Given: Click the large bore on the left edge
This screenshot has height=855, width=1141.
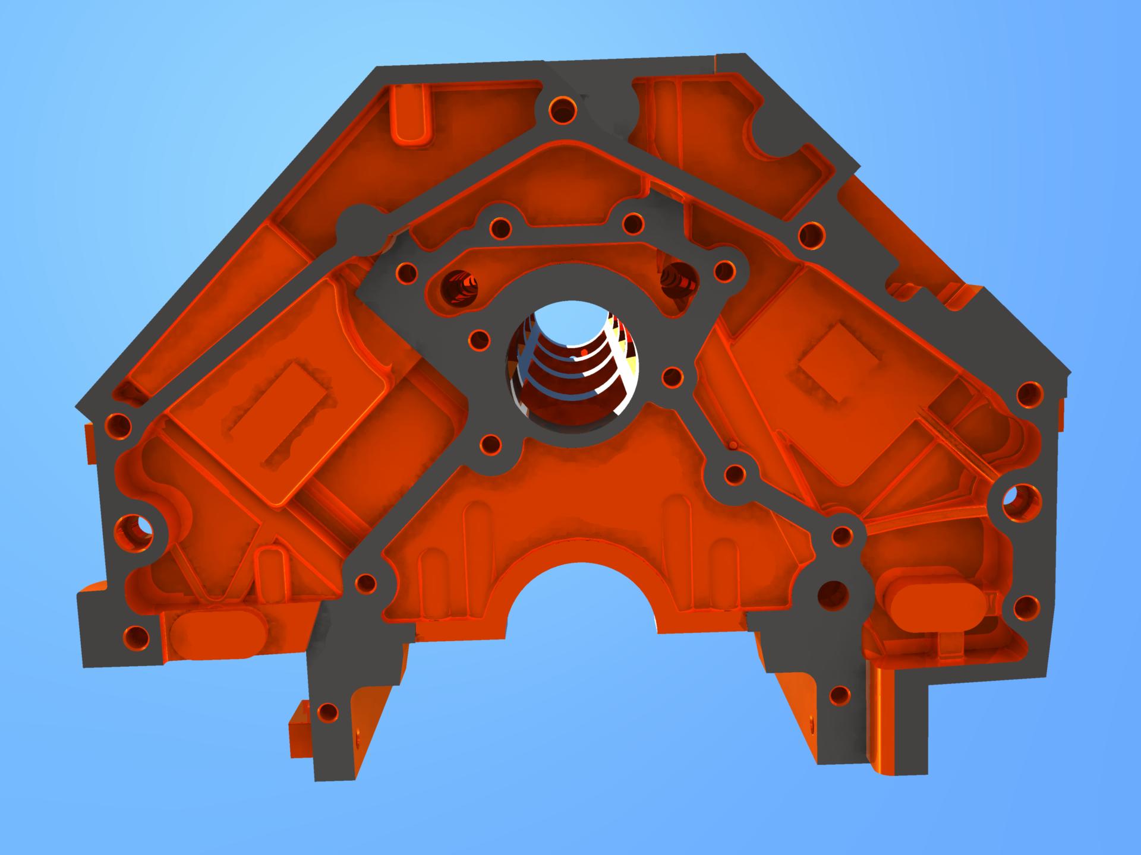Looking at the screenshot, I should pos(134,528).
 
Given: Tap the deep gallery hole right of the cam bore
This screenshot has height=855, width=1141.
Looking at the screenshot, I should pos(680,279).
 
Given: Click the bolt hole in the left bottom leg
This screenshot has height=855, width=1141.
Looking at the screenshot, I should pos(327,712).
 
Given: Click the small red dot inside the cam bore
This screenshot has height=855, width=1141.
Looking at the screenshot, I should pos(584,353).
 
